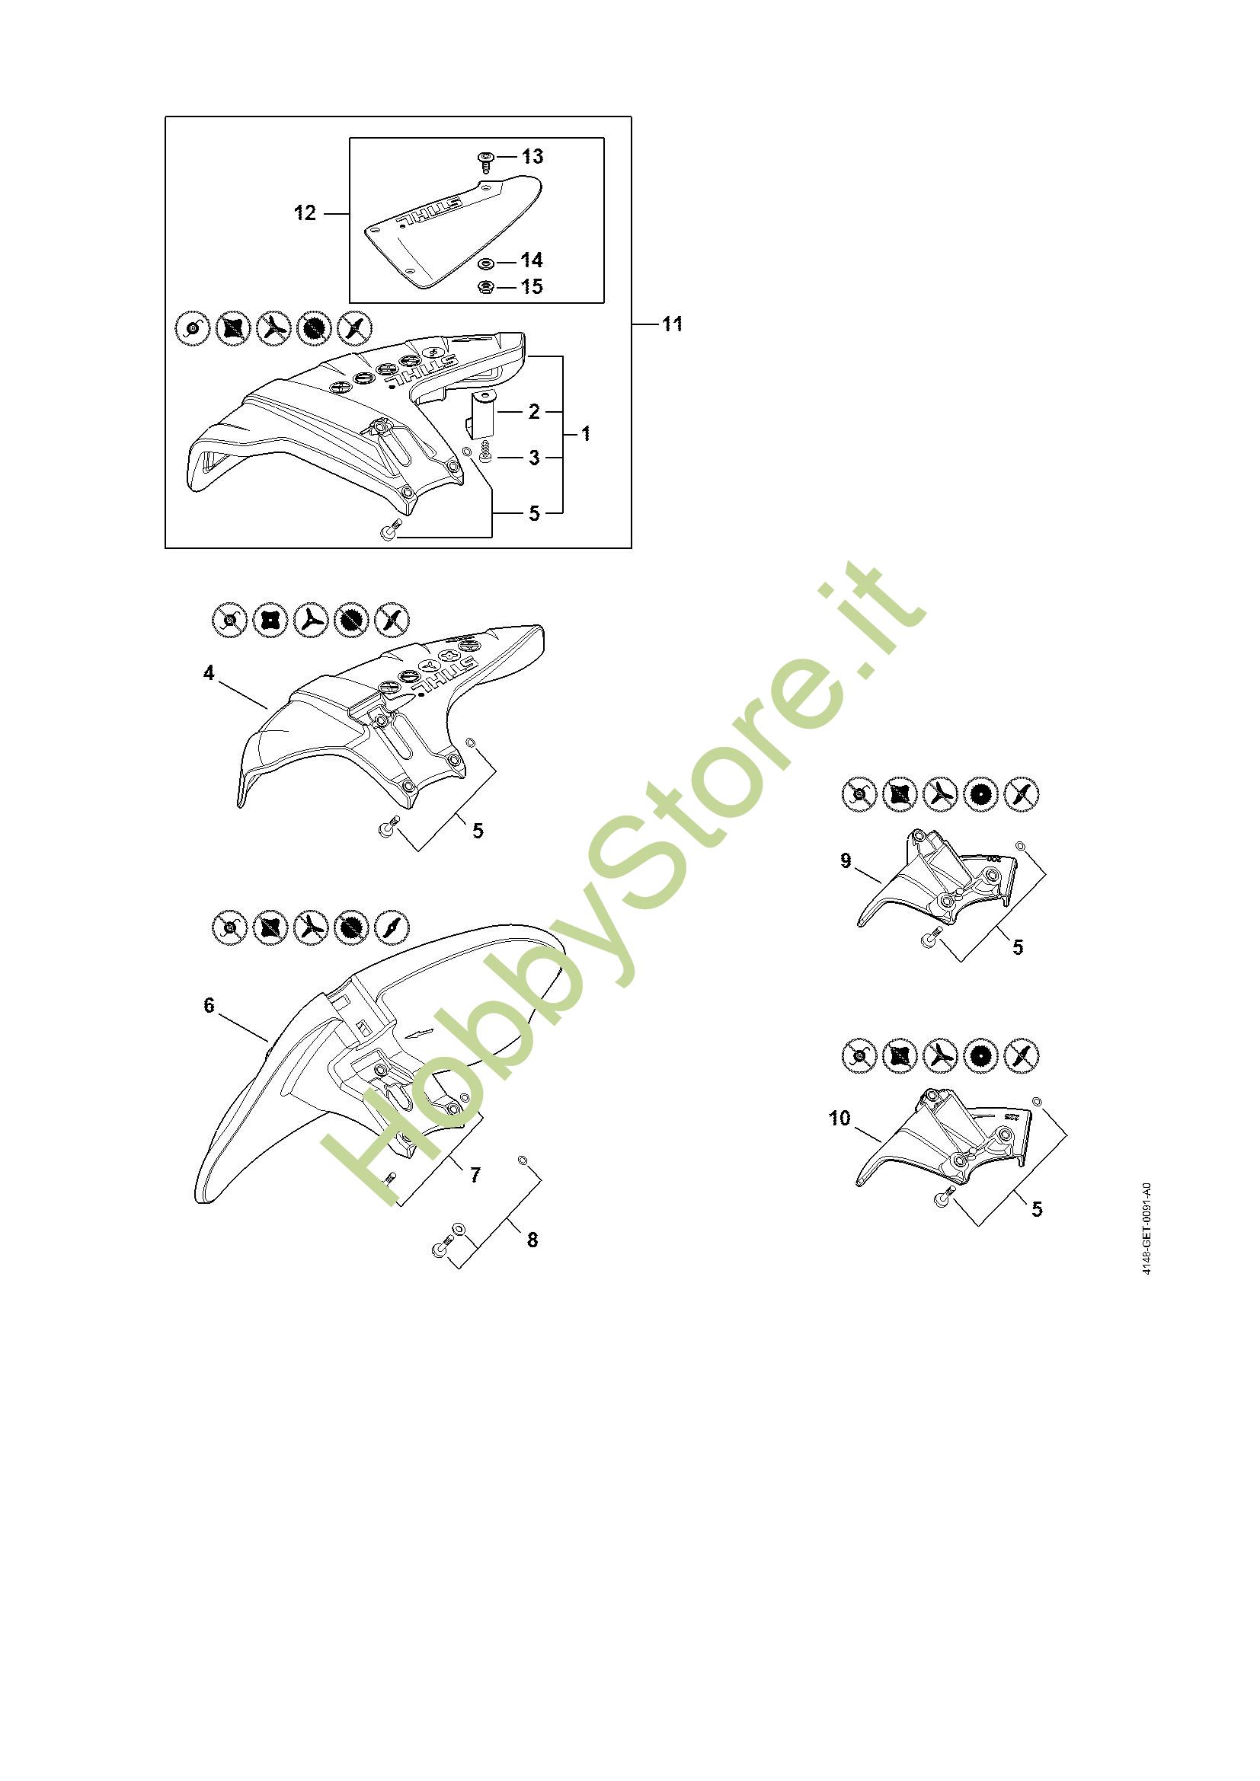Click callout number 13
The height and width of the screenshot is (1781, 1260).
click(532, 157)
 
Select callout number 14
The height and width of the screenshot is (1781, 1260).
click(532, 260)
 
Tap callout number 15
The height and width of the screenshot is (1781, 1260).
click(532, 287)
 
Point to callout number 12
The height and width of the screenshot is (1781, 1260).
click(305, 212)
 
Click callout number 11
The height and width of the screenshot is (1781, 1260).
click(673, 324)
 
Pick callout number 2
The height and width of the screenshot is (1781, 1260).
click(534, 412)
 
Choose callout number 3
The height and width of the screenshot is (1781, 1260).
click(534, 458)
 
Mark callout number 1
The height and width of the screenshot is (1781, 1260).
click(586, 434)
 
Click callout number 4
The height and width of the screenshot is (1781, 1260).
click(209, 673)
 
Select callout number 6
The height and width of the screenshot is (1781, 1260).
click(209, 1005)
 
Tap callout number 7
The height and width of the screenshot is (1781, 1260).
click(475, 1175)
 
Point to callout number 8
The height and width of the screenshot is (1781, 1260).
click(532, 1240)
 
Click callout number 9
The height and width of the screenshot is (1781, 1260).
click(846, 860)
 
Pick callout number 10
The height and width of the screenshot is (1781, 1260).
click(840, 1118)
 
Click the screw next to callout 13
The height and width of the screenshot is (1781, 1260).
click(486, 161)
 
